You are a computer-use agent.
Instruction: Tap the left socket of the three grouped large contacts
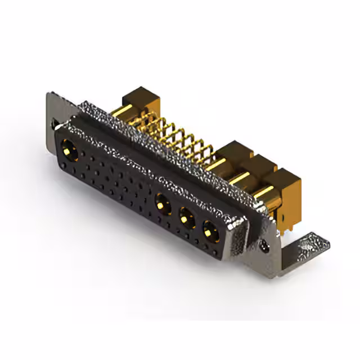(x=163, y=202)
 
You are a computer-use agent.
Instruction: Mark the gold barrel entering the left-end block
(x=127, y=112)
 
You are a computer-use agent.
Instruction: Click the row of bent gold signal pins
(x=174, y=138)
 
